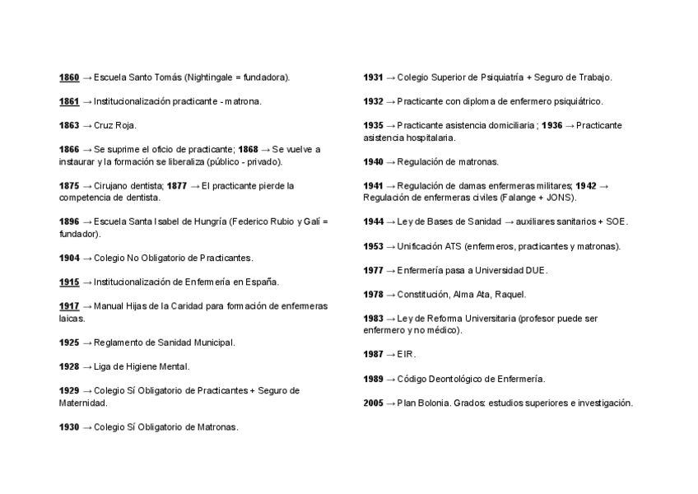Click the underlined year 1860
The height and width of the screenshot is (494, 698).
pyautogui.click(x=69, y=77)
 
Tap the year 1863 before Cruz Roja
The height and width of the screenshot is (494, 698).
pyautogui.click(x=69, y=125)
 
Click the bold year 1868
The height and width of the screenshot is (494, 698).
pyautogui.click(x=248, y=149)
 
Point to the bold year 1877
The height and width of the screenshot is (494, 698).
pyautogui.click(x=177, y=185)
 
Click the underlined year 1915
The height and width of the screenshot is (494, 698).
pyautogui.click(x=69, y=282)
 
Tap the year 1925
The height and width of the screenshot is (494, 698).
pyautogui.click(x=69, y=343)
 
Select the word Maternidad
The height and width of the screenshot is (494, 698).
pyautogui.click(x=82, y=403)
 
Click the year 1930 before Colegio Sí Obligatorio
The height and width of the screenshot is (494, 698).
pyautogui.click(x=69, y=427)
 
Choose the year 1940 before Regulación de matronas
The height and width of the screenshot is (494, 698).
pyautogui.click(x=374, y=161)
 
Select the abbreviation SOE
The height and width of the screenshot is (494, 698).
pyautogui.click(x=617, y=221)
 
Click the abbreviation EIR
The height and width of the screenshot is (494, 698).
pyautogui.click(x=406, y=354)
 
